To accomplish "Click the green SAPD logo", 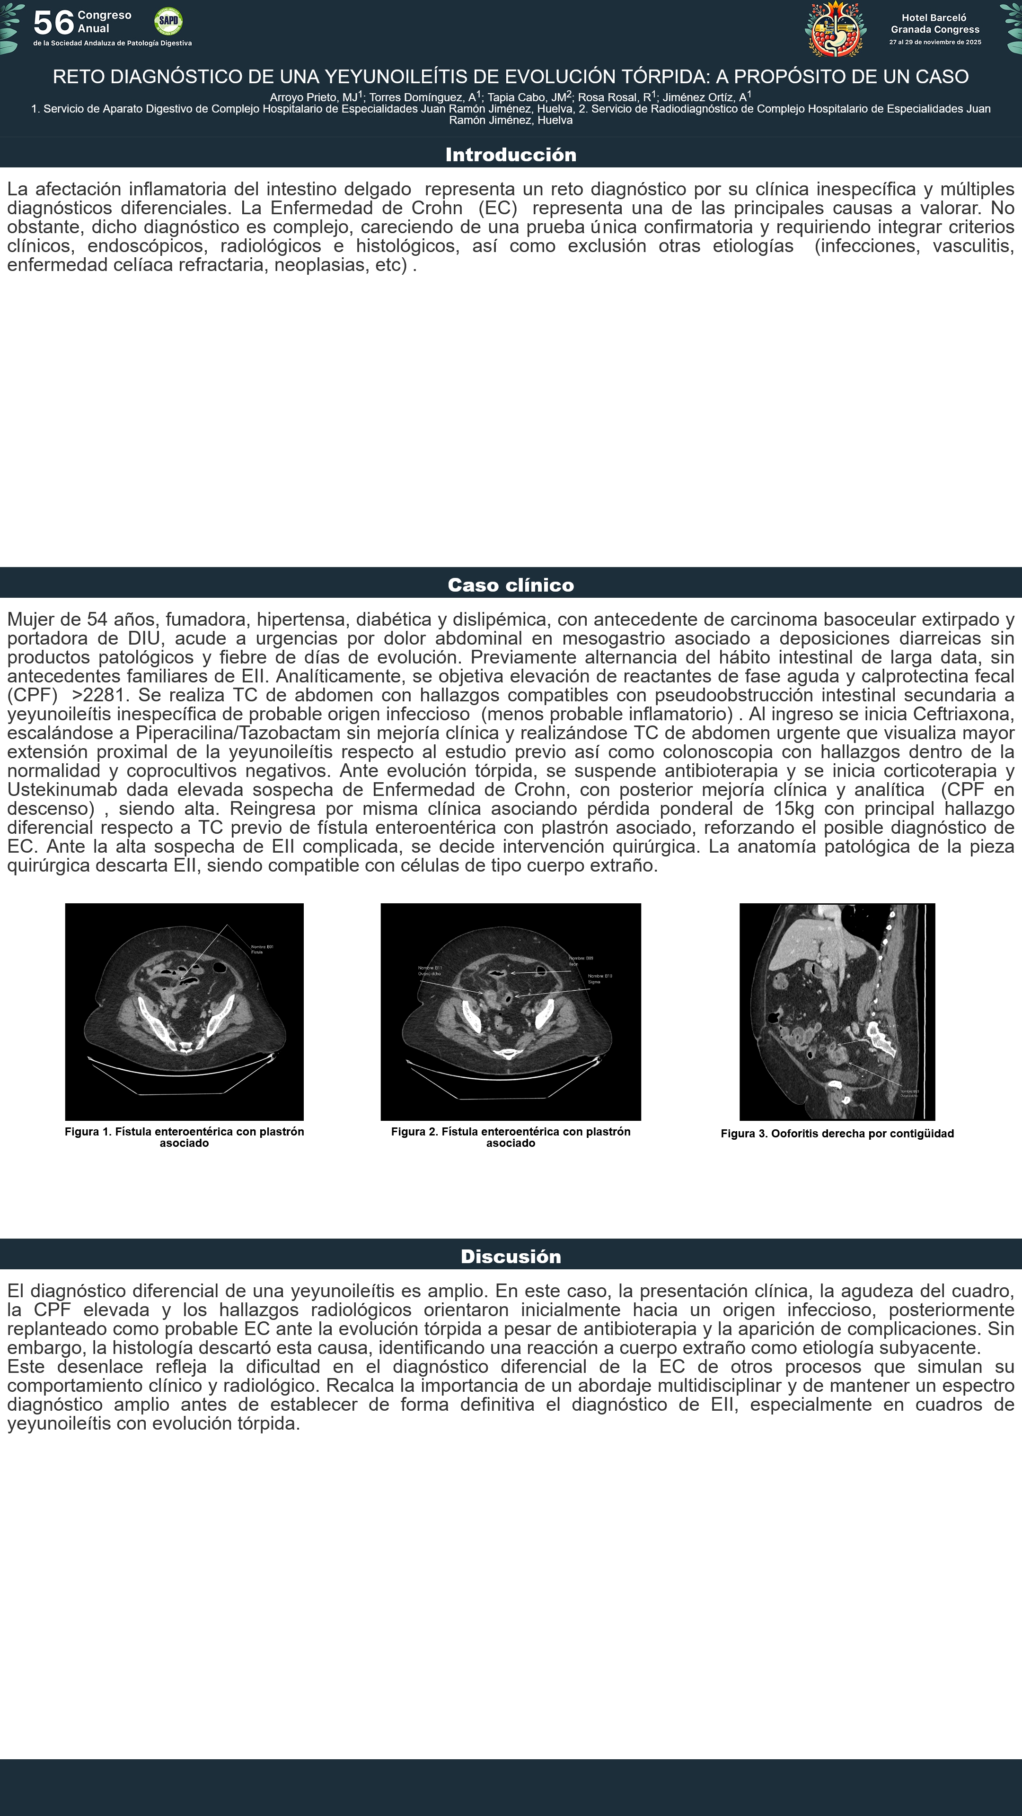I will (x=168, y=21).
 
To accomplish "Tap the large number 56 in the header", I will (x=53, y=23).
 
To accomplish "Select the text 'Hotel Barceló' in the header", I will (x=934, y=17).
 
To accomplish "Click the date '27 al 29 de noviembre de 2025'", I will (x=934, y=42).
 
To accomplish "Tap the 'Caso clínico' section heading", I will (x=511, y=585).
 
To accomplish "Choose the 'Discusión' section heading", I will (x=511, y=1256).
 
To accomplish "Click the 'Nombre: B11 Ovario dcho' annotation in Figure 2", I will (x=430, y=971).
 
